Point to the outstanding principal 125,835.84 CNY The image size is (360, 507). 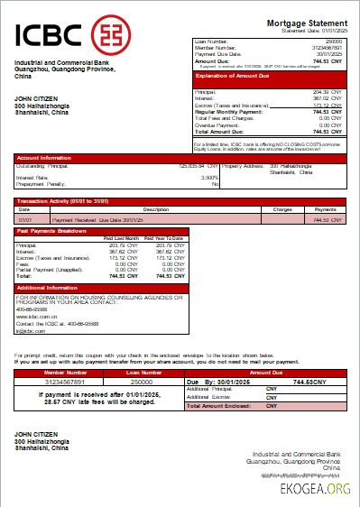[199, 165]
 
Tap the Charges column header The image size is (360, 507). [282, 208]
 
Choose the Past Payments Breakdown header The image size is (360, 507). [51, 231]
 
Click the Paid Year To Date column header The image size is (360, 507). [163, 238]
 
